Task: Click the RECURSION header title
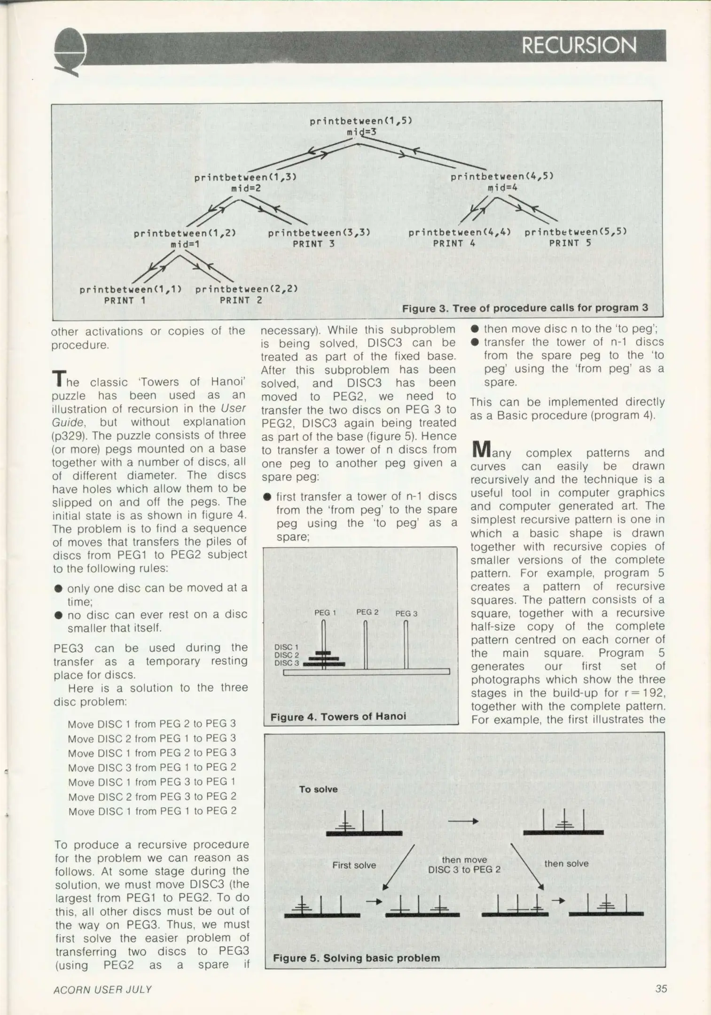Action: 579,46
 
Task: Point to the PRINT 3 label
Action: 313,244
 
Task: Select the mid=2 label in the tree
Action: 246,188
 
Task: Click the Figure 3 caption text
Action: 525,308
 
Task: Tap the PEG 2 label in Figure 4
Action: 367,612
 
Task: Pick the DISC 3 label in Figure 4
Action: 286,663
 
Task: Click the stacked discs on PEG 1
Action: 324,659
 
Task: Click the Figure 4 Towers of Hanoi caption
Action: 338,717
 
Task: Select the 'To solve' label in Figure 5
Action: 318,789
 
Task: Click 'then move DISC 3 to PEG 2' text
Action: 464,865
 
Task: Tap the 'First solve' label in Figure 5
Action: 354,865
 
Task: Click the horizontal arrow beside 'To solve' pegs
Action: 463,821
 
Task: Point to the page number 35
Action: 661,989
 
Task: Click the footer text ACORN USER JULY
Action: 102,990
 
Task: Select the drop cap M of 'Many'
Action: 481,450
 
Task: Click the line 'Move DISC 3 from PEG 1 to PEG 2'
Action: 152,767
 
